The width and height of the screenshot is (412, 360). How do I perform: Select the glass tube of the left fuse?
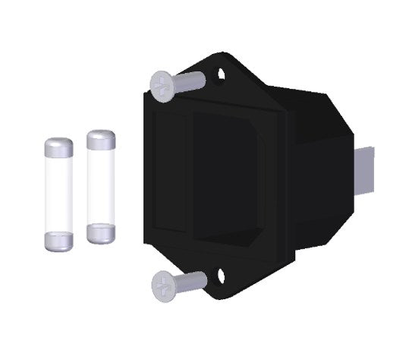[58, 193]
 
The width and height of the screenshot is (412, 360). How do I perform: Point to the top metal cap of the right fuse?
[100, 140]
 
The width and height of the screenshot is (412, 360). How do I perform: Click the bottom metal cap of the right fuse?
[100, 233]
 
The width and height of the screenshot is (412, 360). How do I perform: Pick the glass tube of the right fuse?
[100, 186]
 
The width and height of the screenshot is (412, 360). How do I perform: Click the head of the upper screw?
[162, 85]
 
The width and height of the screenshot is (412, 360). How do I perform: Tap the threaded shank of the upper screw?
[191, 79]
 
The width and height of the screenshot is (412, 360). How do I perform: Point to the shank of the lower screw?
[193, 280]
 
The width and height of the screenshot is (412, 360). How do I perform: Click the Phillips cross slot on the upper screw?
[161, 86]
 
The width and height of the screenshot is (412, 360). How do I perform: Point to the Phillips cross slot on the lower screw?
[162, 286]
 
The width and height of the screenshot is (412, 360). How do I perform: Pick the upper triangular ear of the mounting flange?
[228, 68]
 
